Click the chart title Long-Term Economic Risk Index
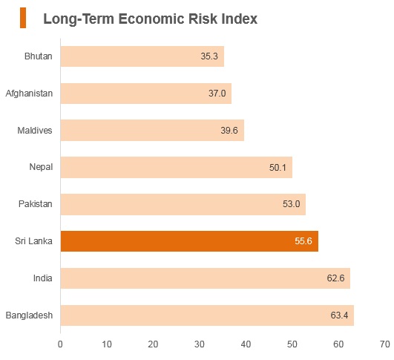(151, 19)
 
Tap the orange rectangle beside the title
(23, 18)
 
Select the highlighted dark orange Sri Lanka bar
(189, 241)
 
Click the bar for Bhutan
(142, 56)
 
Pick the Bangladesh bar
(207, 315)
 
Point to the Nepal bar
(177, 167)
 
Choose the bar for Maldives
(152, 130)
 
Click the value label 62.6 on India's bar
(335, 278)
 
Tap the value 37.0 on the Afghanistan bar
(217, 94)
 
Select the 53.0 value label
(291, 204)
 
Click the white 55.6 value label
(303, 241)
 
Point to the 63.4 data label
(339, 315)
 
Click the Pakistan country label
(36, 204)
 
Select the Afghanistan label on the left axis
(29, 94)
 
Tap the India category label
(43, 278)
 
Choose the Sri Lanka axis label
(33, 241)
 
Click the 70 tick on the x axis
(385, 344)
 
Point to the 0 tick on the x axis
(60, 344)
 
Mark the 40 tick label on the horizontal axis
(246, 344)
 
